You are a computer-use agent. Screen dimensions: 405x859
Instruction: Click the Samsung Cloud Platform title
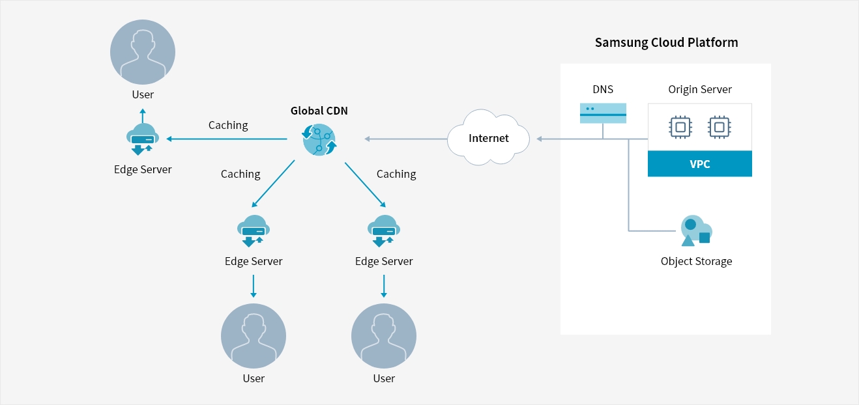tap(666, 43)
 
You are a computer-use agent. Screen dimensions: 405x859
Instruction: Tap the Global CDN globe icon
tap(319, 139)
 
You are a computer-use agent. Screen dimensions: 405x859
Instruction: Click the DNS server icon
tap(603, 113)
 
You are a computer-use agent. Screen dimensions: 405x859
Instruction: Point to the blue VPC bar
tap(699, 164)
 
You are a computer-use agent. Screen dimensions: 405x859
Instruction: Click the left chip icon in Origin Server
tap(680, 128)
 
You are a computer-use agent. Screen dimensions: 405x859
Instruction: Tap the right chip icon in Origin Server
tap(718, 128)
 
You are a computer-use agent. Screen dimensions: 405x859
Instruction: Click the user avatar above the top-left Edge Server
tap(142, 53)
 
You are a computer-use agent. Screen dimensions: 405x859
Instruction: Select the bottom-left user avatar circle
tap(254, 335)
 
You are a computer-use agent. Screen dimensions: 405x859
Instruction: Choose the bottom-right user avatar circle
tap(383, 335)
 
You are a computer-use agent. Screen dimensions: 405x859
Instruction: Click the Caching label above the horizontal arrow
tap(228, 125)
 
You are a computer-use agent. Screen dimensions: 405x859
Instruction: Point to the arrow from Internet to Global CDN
tap(404, 139)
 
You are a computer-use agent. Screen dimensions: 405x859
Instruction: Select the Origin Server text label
tap(700, 90)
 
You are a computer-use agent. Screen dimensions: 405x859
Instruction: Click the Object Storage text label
tap(696, 261)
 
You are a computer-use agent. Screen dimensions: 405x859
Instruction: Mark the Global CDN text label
tap(319, 111)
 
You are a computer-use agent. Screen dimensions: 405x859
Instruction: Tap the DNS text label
tap(603, 90)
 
